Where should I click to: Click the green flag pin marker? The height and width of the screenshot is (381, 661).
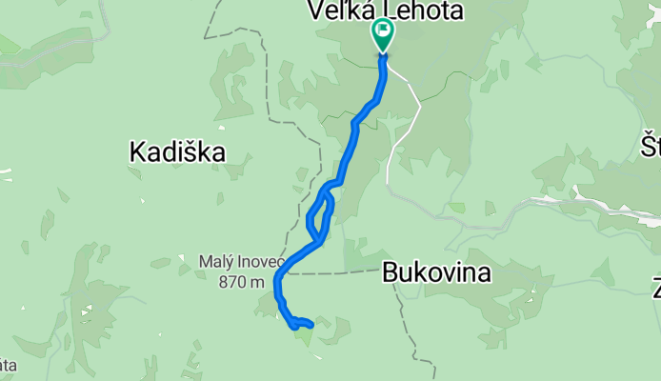[383, 35]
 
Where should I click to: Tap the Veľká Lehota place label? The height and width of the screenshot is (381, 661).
[385, 11]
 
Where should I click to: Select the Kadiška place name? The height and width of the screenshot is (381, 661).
[177, 150]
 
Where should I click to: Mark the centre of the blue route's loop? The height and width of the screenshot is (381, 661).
[321, 213]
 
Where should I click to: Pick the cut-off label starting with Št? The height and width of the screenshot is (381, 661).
[651, 148]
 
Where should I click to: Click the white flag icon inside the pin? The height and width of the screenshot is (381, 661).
[384, 30]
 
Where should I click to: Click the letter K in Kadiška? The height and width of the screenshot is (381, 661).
[136, 150]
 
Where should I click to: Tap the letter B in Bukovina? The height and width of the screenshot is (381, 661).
[390, 273]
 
